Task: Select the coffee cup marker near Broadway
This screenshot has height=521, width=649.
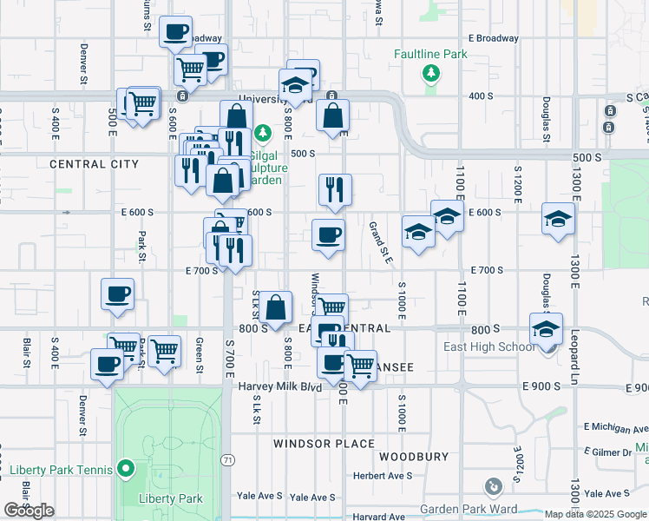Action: coord(176,32)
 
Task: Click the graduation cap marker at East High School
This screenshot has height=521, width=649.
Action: coord(547,330)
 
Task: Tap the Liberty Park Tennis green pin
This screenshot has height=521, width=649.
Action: coord(126,470)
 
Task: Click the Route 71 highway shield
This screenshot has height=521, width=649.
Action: coord(227,458)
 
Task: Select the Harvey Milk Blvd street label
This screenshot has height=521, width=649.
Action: coord(280,386)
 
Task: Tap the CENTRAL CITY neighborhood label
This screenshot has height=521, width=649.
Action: coord(94,164)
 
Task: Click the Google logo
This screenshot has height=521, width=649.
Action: coord(29,511)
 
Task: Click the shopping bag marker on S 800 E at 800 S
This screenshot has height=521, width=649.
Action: coord(275,307)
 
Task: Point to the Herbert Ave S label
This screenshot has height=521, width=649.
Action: coord(383,476)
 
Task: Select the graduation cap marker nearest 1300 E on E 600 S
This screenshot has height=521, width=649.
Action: coord(558,219)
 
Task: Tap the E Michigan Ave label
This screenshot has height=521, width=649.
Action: coord(615,426)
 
